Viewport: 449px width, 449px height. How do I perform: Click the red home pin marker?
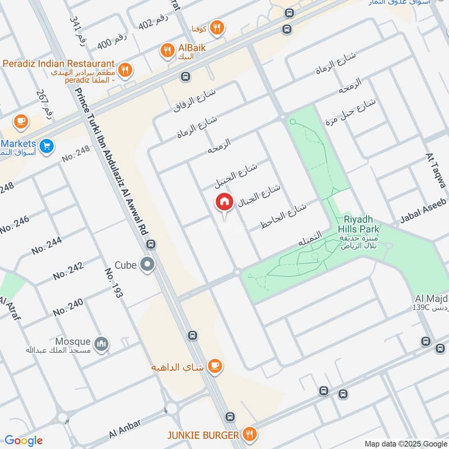pos(224,202)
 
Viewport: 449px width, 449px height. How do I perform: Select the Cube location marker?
pos(148,264)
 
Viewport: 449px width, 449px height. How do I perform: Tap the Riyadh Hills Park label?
pos(358,224)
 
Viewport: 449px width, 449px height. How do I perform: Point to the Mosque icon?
pos(101,343)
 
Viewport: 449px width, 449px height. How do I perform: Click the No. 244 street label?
pos(47,245)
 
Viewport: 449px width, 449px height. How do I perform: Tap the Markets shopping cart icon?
pos(47,145)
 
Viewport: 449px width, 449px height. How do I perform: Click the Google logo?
pos(23,441)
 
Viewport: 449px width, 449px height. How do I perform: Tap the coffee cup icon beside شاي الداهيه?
pos(214,366)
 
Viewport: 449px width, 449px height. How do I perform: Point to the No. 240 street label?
pos(68,306)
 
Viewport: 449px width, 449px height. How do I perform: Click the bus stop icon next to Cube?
pos(151,245)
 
